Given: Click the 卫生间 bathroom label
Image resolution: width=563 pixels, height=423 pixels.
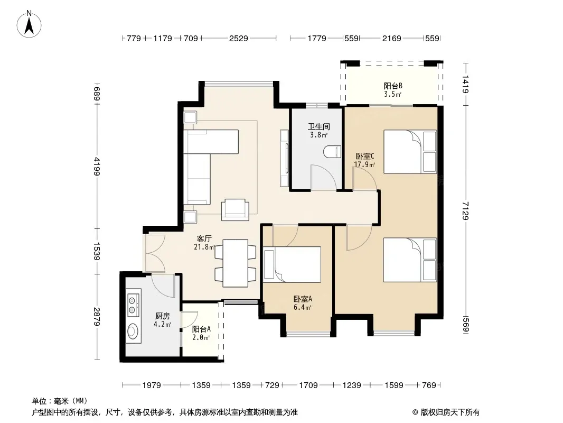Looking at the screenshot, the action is [319, 126].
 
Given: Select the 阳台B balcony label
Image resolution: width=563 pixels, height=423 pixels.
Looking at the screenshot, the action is [393, 86].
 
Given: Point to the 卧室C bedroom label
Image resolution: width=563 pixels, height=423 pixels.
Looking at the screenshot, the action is [365, 157].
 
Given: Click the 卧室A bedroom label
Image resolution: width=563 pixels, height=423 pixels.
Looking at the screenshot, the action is [303, 299].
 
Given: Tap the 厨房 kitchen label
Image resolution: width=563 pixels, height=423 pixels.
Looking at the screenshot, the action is [162, 316].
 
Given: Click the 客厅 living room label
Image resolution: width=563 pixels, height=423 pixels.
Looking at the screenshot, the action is [204, 238].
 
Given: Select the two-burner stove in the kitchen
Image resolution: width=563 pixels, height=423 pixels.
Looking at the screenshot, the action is [133, 305].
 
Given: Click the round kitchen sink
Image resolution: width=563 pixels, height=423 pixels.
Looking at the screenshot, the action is [133, 332].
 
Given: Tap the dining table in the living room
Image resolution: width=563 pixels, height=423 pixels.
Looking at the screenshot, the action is [235, 263].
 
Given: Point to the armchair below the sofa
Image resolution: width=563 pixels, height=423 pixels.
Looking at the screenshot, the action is [235, 209].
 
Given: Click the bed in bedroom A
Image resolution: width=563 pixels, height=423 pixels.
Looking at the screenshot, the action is [292, 264].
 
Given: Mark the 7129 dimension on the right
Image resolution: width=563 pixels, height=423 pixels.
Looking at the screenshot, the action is [466, 210].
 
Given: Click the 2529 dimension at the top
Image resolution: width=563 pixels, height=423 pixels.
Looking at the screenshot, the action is [238, 38].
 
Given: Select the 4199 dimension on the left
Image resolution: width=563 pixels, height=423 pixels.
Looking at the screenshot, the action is [97, 167].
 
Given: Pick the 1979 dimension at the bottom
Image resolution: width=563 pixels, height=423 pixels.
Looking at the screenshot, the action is [152, 385].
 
